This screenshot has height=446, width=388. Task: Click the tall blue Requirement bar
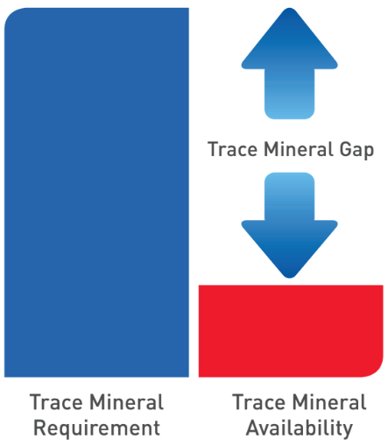(96, 193)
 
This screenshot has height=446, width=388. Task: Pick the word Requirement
(96, 428)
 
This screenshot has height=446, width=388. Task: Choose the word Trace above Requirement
(56, 403)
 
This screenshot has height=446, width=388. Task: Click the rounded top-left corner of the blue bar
(11, 16)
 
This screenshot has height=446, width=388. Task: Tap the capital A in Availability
(253, 428)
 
